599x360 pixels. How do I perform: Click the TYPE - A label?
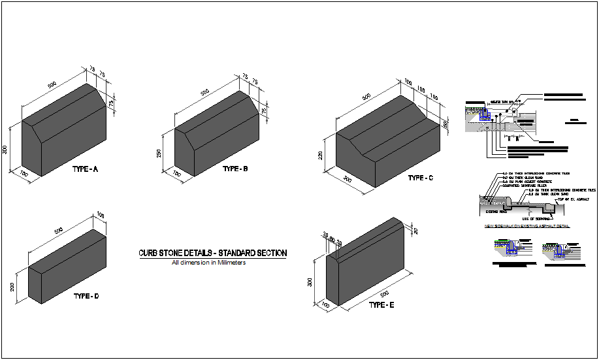pos(85,169)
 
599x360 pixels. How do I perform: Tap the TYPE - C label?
pos(420,178)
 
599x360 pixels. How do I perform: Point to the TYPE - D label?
pos(86,296)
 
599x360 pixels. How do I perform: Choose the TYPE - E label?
pos(381,305)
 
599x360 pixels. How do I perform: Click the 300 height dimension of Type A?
pos(5,150)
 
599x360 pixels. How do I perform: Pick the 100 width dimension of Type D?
pos(101,215)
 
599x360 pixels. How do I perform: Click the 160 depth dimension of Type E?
pos(324,304)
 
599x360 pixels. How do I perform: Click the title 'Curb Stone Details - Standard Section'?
pos(212,253)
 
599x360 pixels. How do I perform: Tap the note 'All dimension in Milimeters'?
pos(208,263)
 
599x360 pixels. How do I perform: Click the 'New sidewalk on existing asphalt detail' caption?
pos(526,226)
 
